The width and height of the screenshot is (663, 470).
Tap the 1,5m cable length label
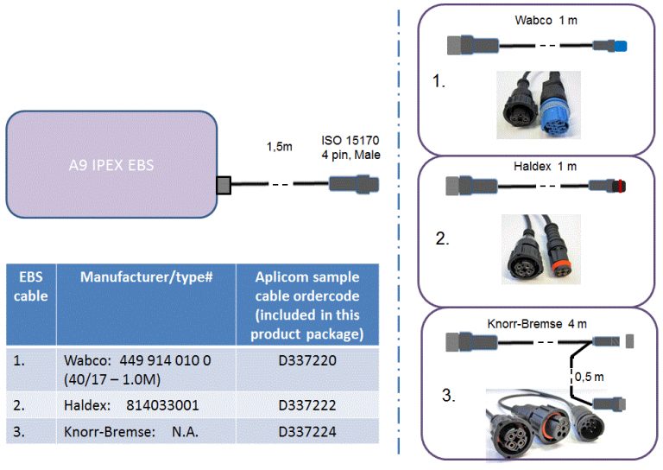[x=279, y=147]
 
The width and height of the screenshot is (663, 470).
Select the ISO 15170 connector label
[x=350, y=148]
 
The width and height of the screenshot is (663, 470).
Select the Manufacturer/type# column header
[x=146, y=277]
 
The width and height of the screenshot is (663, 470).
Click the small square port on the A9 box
[x=224, y=184]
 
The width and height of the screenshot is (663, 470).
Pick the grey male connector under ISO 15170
[x=353, y=184]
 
